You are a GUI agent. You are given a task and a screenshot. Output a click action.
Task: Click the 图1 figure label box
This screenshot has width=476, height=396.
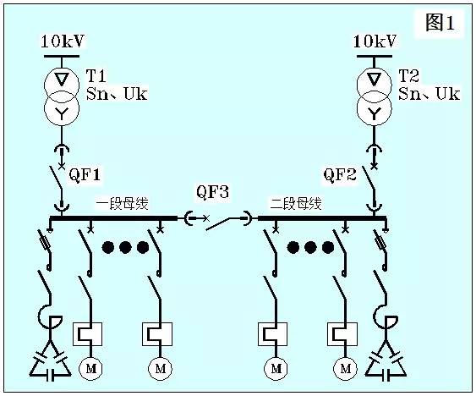pos(440,24)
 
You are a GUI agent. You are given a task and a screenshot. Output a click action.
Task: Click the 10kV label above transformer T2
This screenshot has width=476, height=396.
pos(375,41)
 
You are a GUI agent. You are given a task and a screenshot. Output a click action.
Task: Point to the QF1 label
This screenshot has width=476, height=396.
pos(85,176)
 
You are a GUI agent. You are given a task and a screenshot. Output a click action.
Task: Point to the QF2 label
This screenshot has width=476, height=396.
pos(341,176)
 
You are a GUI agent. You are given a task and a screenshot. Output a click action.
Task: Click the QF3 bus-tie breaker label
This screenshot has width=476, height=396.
pos(213,193)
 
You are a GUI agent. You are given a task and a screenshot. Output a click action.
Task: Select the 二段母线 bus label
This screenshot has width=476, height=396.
pos(296,204)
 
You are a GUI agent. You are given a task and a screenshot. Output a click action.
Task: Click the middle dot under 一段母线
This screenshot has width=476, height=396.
pos(126,248)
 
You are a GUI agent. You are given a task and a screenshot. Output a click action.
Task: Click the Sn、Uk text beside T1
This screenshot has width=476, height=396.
pos(117,94)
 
